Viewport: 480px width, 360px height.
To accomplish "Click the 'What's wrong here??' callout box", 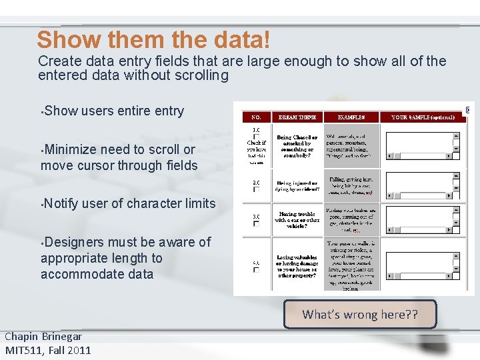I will (x=360, y=314).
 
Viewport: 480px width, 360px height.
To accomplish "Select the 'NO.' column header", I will (x=255, y=117).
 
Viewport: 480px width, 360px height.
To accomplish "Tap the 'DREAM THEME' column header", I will (x=297, y=117).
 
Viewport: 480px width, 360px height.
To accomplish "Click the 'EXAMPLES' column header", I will (x=351, y=117).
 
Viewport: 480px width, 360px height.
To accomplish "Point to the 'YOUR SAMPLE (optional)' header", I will (x=423, y=117).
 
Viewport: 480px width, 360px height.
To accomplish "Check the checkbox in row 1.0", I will (x=256, y=137).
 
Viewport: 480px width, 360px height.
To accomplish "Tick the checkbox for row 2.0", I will (x=256, y=189).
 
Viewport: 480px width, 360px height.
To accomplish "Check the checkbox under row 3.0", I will (x=256, y=225).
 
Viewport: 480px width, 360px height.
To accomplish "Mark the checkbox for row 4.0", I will (x=256, y=271).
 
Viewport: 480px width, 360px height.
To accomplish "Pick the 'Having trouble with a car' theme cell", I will (x=297, y=220).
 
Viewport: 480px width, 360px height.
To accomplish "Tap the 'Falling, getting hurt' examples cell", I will (x=351, y=185).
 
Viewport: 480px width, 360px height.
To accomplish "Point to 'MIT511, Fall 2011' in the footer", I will (x=47, y=350).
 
